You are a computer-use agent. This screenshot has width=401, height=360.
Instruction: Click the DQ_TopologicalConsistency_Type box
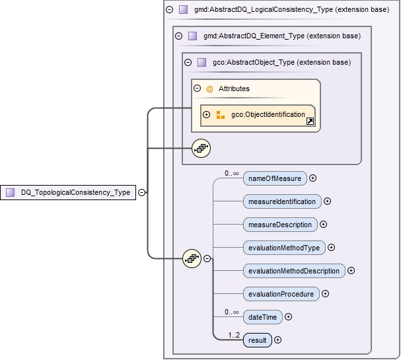click(x=69, y=192)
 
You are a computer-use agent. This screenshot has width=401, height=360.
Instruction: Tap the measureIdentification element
click(x=282, y=201)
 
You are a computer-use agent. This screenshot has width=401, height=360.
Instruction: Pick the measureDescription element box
click(x=280, y=224)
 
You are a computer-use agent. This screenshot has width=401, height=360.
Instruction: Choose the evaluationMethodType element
click(x=284, y=248)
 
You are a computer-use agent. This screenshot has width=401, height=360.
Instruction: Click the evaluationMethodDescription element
click(x=294, y=271)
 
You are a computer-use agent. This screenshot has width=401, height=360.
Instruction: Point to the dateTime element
click(x=262, y=317)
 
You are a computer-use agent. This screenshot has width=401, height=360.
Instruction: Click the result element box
click(x=257, y=340)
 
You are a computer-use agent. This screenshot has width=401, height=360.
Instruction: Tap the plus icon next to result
click(x=277, y=340)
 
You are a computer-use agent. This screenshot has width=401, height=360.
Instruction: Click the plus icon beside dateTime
click(x=288, y=317)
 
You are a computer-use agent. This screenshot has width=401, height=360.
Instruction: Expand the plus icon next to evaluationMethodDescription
click(x=351, y=271)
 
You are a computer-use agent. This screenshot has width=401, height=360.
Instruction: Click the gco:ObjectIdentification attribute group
click(x=268, y=115)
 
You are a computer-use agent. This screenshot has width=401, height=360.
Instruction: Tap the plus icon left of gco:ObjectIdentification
click(x=206, y=115)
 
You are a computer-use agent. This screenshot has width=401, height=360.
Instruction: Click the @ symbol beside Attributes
click(x=209, y=89)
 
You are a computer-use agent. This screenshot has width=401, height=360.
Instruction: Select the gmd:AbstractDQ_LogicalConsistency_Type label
click(x=291, y=10)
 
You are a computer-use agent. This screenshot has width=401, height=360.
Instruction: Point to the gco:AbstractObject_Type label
click(x=281, y=62)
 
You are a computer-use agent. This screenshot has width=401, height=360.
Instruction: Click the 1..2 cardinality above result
click(x=234, y=335)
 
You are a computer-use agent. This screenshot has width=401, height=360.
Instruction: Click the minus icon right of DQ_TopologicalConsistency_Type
click(x=142, y=192)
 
